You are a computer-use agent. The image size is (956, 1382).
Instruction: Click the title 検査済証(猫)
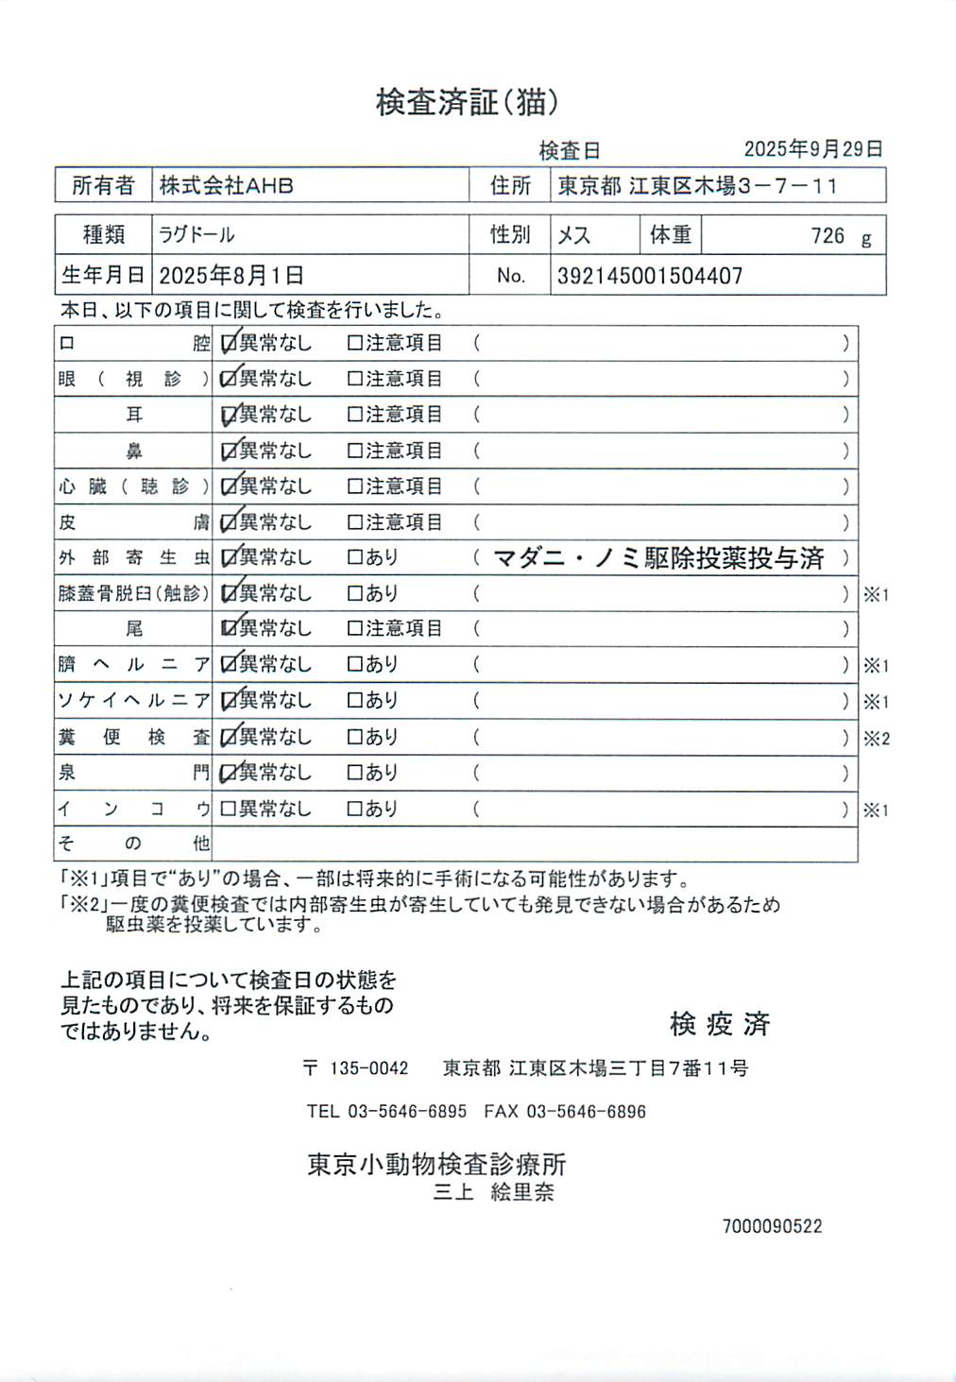click(467, 102)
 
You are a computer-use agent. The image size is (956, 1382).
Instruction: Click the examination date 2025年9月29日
click(812, 149)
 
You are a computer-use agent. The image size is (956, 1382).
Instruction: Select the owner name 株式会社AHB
click(226, 186)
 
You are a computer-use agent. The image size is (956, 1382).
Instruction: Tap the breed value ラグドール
click(196, 235)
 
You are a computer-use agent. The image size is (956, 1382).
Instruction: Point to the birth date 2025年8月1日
click(231, 276)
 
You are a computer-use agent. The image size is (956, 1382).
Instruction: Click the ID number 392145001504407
click(650, 276)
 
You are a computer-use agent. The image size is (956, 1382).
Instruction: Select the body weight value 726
click(828, 236)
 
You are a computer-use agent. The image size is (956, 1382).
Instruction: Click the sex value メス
click(573, 235)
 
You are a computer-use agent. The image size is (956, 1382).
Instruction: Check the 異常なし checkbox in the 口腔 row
click(228, 344)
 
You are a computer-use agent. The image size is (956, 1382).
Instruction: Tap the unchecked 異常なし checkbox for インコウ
click(228, 809)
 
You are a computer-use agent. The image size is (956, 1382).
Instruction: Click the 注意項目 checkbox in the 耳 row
click(355, 415)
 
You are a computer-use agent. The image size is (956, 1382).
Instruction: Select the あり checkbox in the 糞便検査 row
click(355, 737)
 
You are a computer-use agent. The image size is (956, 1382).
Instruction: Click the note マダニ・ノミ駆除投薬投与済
click(658, 558)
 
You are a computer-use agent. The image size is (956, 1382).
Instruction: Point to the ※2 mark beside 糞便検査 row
click(876, 739)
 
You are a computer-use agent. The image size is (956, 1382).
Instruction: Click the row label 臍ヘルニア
click(133, 665)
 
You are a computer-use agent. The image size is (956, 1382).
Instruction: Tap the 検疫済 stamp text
click(720, 1024)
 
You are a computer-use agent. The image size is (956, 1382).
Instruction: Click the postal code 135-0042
click(368, 1068)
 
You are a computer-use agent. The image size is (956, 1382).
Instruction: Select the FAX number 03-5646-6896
click(586, 1112)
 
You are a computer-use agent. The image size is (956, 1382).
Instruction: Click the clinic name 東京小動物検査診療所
click(436, 1164)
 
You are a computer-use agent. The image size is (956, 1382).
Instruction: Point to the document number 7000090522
click(772, 1226)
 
